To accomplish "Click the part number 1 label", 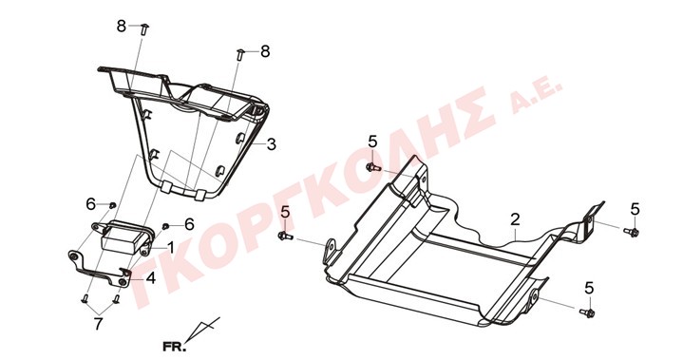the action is [170, 248].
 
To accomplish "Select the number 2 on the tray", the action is [515, 219].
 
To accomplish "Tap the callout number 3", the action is [272, 144].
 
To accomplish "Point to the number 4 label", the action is [151, 277].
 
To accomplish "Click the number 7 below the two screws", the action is [99, 324].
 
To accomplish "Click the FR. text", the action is [174, 347].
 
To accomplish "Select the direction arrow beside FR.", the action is [203, 329].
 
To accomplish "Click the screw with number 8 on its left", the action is [144, 29].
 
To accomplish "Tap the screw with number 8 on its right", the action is [239, 55].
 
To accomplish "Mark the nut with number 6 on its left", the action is [112, 205].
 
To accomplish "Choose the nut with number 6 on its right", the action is [165, 226].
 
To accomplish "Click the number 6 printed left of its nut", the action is [90, 203].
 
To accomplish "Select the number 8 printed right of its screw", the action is [265, 51].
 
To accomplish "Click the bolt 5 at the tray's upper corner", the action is [373, 167].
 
